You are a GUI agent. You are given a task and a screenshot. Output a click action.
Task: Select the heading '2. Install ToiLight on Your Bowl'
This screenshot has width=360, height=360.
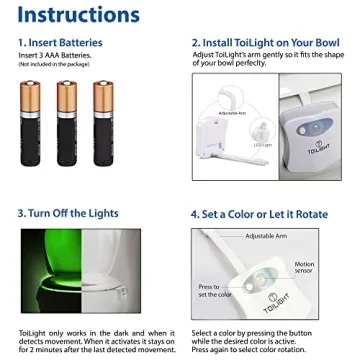pos(267,44)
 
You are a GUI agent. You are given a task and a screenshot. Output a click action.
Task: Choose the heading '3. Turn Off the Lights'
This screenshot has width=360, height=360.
pos(68,213)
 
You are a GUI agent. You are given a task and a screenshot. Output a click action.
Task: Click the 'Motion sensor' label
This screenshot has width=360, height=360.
pos(304,268)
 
